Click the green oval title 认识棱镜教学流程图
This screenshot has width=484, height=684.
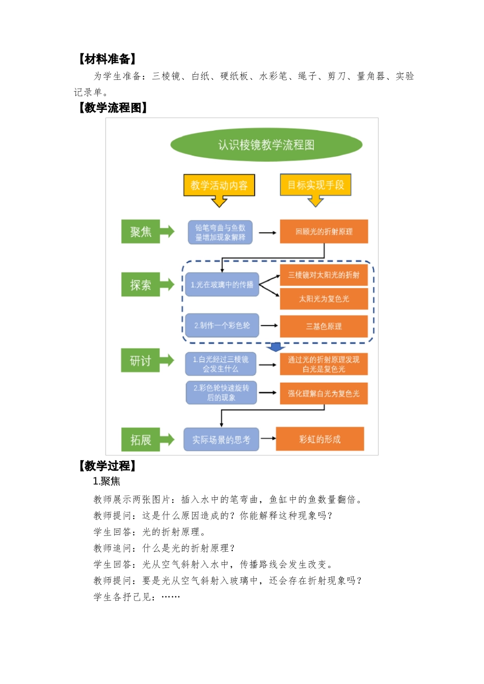[266, 145]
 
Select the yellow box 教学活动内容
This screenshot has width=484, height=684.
[219, 185]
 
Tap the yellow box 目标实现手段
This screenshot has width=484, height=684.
[315, 185]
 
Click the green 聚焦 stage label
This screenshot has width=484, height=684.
[141, 232]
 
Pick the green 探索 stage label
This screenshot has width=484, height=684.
[141, 285]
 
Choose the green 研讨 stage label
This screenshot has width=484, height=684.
[141, 361]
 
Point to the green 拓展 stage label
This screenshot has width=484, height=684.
[141, 440]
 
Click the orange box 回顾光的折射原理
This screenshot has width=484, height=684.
[324, 232]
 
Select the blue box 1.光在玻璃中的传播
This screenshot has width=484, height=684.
[222, 284]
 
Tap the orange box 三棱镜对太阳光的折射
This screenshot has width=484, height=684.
[324, 275]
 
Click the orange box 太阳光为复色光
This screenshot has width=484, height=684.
[324, 299]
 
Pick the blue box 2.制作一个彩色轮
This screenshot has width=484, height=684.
[222, 325]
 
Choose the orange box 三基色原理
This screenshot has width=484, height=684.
[324, 326]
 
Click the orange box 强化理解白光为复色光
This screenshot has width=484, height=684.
[324, 393]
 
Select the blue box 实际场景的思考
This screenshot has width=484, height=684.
[221, 440]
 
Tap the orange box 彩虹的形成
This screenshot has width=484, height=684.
[320, 439]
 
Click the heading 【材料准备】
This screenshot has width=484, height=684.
[107, 59]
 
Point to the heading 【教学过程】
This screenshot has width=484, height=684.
[107, 466]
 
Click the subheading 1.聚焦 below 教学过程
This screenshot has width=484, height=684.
[106, 481]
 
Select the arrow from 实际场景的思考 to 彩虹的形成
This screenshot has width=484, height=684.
[267, 439]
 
